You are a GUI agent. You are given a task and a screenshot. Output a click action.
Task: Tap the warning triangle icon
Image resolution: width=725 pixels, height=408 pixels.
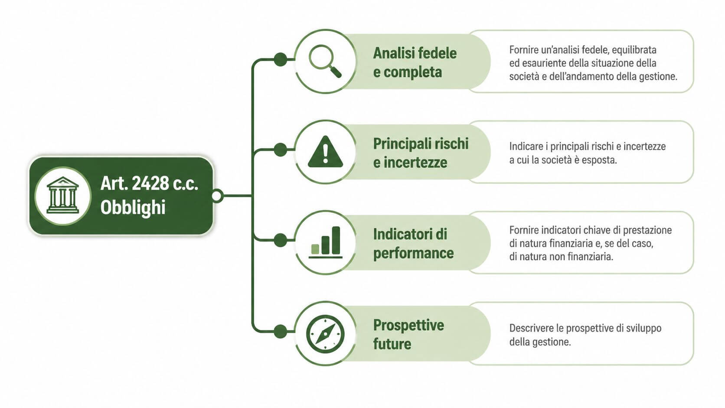click(325, 152)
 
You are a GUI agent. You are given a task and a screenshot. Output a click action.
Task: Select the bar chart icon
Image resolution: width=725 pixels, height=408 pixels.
click(326, 242)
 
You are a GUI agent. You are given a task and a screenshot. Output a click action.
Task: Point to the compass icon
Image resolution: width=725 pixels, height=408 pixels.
click(325, 333)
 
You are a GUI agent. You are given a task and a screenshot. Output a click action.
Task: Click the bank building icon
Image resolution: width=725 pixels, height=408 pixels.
click(62, 196)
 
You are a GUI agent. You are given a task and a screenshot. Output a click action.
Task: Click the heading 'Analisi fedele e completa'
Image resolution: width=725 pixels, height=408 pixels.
click(415, 62)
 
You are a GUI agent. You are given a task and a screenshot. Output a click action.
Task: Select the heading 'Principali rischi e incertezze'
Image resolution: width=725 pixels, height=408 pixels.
click(421, 153)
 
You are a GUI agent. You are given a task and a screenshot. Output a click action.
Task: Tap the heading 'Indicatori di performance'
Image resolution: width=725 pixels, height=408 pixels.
click(413, 243)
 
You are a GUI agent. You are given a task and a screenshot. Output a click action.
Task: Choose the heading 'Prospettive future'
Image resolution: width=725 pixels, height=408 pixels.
click(408, 334)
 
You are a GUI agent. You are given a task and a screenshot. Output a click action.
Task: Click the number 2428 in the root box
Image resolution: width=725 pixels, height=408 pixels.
click(150, 183)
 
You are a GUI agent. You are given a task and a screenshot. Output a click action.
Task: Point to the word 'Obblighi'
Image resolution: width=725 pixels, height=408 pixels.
click(133, 207)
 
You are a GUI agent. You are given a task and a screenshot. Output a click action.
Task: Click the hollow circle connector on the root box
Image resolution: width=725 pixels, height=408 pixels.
click(217, 196)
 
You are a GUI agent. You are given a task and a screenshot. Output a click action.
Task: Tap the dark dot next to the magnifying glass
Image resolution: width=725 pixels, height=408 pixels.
click(280, 59)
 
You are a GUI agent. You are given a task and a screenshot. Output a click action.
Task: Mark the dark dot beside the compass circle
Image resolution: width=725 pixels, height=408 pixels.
click(280, 332)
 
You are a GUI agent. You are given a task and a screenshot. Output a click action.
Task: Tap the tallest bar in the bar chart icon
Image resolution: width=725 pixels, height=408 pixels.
click(336, 240)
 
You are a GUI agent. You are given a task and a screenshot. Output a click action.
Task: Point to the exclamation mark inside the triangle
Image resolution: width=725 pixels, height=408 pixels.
click(326, 153)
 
